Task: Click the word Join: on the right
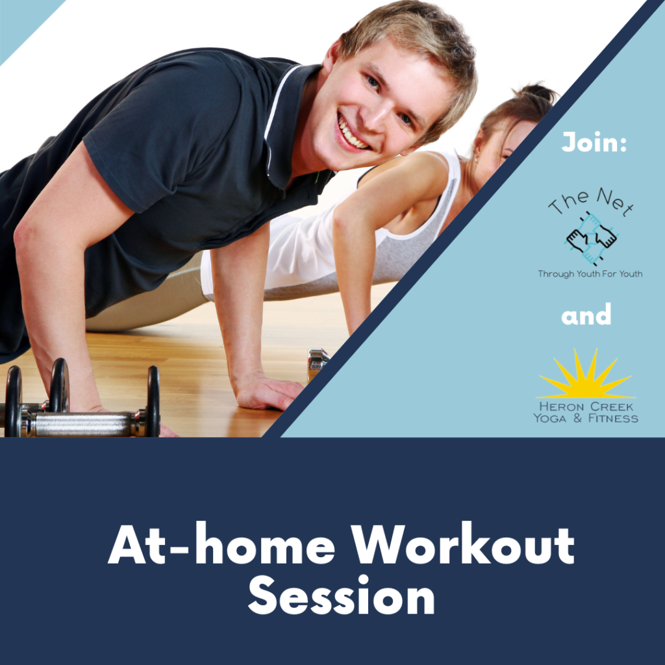coord(594,142)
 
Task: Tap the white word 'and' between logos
coord(586,314)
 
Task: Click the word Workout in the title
coord(462,544)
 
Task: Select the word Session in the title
coord(342,595)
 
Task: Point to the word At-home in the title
coord(221,544)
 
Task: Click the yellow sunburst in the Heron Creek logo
coord(586,375)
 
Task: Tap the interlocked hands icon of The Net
coord(591,239)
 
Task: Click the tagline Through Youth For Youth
coord(590,274)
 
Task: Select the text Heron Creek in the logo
coord(586,407)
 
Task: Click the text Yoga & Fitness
coord(586,419)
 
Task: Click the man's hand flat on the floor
coord(268,393)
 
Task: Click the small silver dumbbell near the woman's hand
coord(318,362)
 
